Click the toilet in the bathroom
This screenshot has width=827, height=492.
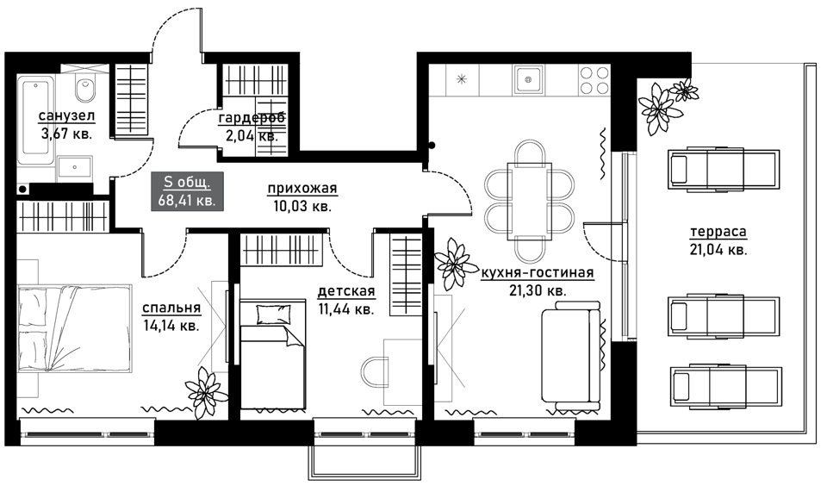[85, 89]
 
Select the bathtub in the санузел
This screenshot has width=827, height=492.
[35, 121]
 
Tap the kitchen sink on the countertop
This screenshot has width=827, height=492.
[527, 79]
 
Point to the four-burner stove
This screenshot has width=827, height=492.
[594, 79]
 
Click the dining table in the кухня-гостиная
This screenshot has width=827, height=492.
[529, 201]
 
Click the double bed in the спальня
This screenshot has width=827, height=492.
[74, 328]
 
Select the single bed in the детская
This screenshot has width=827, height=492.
[273, 352]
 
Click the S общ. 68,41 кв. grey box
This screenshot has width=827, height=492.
[187, 191]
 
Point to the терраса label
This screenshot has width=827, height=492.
[718, 232]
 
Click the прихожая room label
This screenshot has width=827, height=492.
[302, 188]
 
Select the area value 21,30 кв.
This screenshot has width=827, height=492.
[538, 290]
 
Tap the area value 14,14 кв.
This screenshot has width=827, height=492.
[171, 326]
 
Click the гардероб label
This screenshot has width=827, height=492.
[252, 117]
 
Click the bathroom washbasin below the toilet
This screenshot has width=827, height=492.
[75, 168]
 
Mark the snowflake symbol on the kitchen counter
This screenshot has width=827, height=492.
[462, 80]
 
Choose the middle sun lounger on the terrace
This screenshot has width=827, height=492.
[724, 316]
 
